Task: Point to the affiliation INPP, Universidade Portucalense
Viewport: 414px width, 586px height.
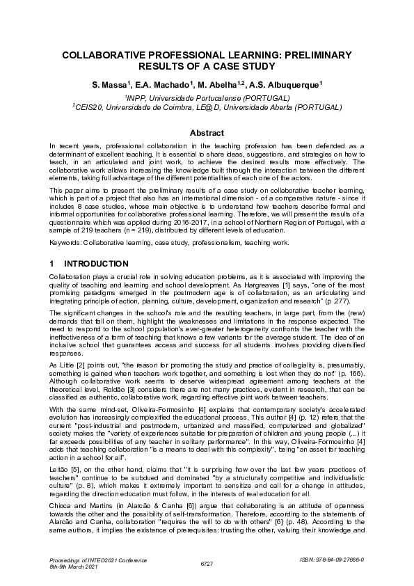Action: click(x=207, y=98)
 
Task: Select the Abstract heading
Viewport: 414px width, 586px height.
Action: click(x=207, y=133)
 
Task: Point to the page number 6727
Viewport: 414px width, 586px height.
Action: click(x=207, y=562)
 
